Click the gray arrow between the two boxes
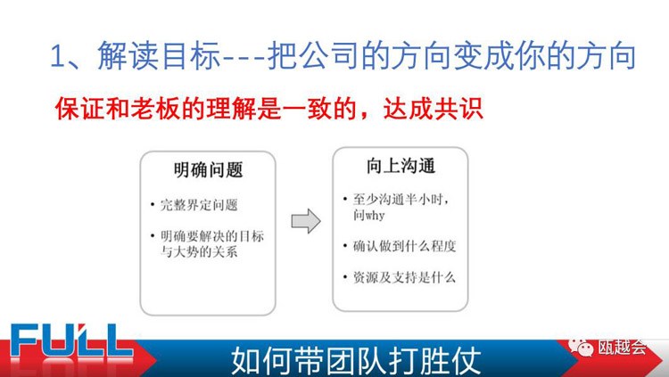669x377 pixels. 306,221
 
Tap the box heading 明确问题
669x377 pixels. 208,169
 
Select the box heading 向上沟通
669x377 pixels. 401,166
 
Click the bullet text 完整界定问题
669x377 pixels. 199,205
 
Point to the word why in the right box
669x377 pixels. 375,215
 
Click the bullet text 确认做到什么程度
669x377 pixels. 404,246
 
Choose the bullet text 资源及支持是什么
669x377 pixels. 404,278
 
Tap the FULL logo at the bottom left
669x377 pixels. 70,340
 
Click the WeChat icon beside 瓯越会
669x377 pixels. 581,348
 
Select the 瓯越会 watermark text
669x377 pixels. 622,348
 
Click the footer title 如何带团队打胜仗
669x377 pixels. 356,361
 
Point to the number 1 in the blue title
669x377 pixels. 57,56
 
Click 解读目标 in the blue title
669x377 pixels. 158,55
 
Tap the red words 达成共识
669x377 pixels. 433,109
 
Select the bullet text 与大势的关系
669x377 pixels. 199,251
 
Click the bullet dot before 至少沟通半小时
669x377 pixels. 345,199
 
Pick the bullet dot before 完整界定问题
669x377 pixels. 153,205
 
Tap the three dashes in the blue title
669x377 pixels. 244,57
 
